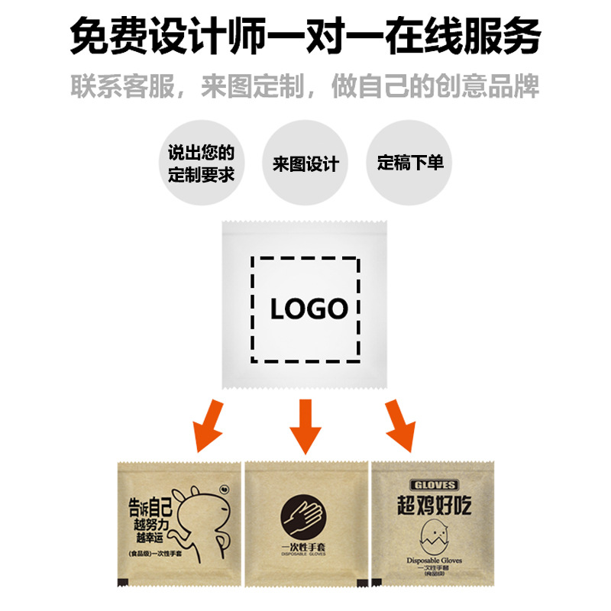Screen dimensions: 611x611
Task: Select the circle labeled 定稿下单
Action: [x=410, y=163]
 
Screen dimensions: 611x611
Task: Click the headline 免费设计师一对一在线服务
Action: [x=305, y=35]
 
